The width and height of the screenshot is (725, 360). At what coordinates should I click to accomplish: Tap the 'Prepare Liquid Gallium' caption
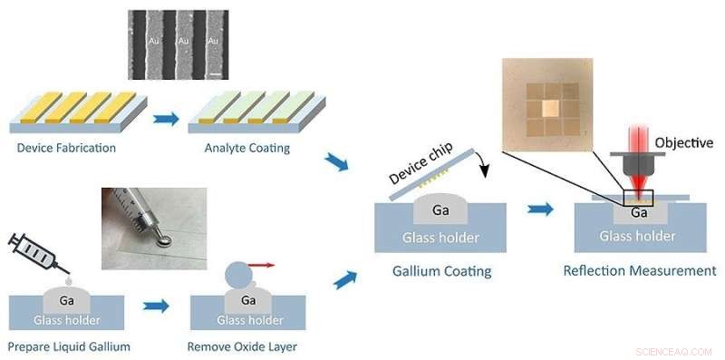pos(69,346)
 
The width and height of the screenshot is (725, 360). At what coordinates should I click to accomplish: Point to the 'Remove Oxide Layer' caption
pos(242,346)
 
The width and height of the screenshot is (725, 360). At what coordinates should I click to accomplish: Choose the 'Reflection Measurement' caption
pos(640,270)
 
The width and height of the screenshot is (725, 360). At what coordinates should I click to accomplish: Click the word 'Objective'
pos(683,142)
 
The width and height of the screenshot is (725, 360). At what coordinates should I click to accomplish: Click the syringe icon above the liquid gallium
pos(33,251)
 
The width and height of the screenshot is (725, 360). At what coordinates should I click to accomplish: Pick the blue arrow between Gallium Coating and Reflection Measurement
pos(541,209)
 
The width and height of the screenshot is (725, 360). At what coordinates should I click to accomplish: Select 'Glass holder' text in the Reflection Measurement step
pos(637,236)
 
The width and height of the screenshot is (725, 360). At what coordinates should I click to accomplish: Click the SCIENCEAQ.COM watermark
pos(675,350)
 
